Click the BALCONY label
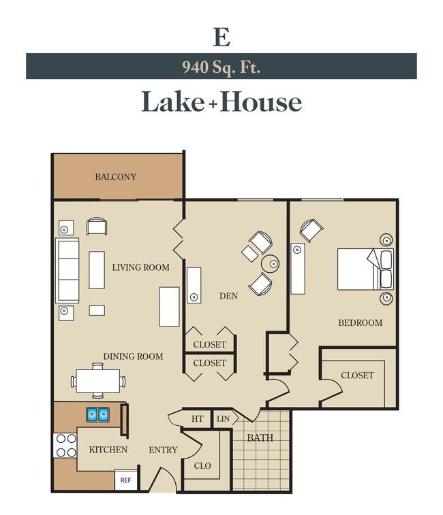tap(116, 177)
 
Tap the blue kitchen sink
tap(97, 415)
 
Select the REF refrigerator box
tap(125, 480)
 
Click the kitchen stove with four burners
tap(65, 446)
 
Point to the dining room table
tap(97, 381)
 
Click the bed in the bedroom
tap(365, 269)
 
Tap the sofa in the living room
tap(67, 270)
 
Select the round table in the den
tap(270, 263)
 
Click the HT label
tap(197, 419)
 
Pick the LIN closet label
tap(223, 419)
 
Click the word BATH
tap(260, 438)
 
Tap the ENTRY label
tap(163, 450)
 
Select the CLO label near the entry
tap(202, 466)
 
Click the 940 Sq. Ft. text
tap(221, 67)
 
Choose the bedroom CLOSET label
tap(357, 376)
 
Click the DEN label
tap(229, 296)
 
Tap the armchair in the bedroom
tap(311, 231)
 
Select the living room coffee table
tap(97, 270)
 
